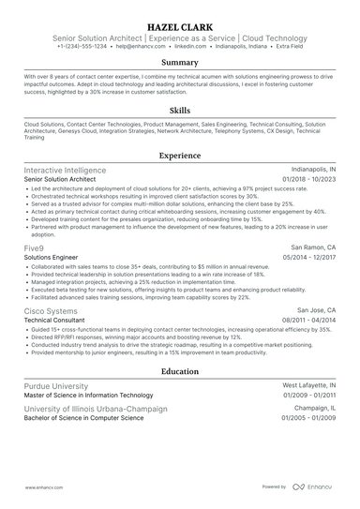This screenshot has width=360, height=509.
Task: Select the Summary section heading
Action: coord(179,63)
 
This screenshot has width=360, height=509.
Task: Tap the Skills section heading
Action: coord(179,109)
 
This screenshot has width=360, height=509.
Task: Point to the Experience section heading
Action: coord(179,154)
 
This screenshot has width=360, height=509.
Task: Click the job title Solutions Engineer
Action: coord(50,256)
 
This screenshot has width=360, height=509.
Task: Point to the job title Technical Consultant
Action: coord(53,319)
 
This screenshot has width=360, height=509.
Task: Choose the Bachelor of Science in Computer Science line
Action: coord(83,419)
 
